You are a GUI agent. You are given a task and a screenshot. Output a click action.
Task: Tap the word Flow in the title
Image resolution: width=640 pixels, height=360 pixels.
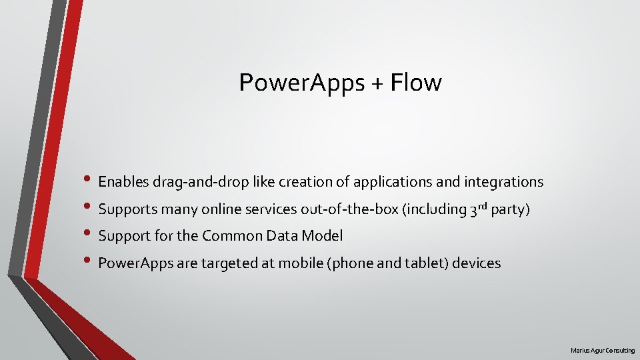pos(416,83)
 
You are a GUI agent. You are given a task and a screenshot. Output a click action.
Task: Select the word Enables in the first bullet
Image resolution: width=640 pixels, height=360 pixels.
pos(123,181)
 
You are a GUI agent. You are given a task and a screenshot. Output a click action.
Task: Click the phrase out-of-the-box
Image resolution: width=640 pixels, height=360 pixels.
pos(349,209)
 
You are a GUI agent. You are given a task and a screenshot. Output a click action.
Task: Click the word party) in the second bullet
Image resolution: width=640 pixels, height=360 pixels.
pos(510,209)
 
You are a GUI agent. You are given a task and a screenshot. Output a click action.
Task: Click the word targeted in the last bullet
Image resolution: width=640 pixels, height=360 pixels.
pos(226,263)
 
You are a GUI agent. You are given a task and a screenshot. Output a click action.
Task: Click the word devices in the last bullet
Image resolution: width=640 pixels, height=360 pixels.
pos(477,263)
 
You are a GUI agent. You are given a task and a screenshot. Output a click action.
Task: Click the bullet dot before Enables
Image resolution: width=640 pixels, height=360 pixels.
pos(89,182)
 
